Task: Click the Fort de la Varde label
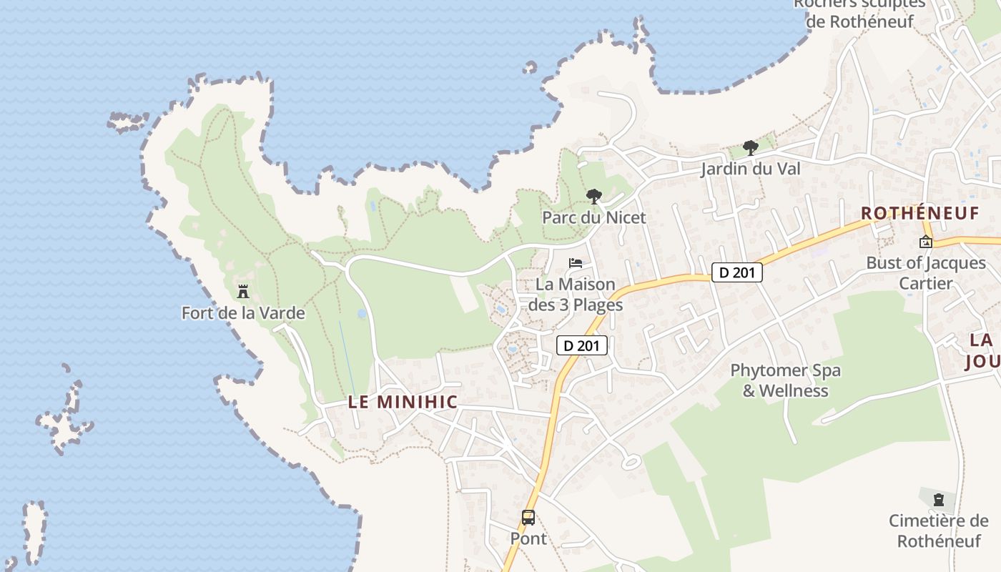pos(243,313)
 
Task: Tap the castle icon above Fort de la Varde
pos(243,291)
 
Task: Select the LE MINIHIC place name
pos(403,402)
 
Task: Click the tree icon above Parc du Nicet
pos(593,197)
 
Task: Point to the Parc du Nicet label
pos(593,217)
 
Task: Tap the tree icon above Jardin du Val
pos(750,148)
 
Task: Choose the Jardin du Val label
pos(750,169)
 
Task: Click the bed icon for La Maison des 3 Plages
pos(576,262)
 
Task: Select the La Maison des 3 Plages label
pos(576,294)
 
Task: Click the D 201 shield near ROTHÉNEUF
pos(737,272)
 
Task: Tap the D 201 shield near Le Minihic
pos(582,346)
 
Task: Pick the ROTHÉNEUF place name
pos(919,213)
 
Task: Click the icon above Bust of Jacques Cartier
pos(926,242)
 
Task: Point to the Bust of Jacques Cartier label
pos(926,272)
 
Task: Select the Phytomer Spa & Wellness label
pos(785,380)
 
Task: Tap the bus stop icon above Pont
pos(528,517)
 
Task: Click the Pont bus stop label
pos(528,538)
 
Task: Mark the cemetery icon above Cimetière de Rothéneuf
pos(938,500)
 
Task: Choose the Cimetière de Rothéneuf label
pos(938,530)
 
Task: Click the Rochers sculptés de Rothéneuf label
pos(859,13)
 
